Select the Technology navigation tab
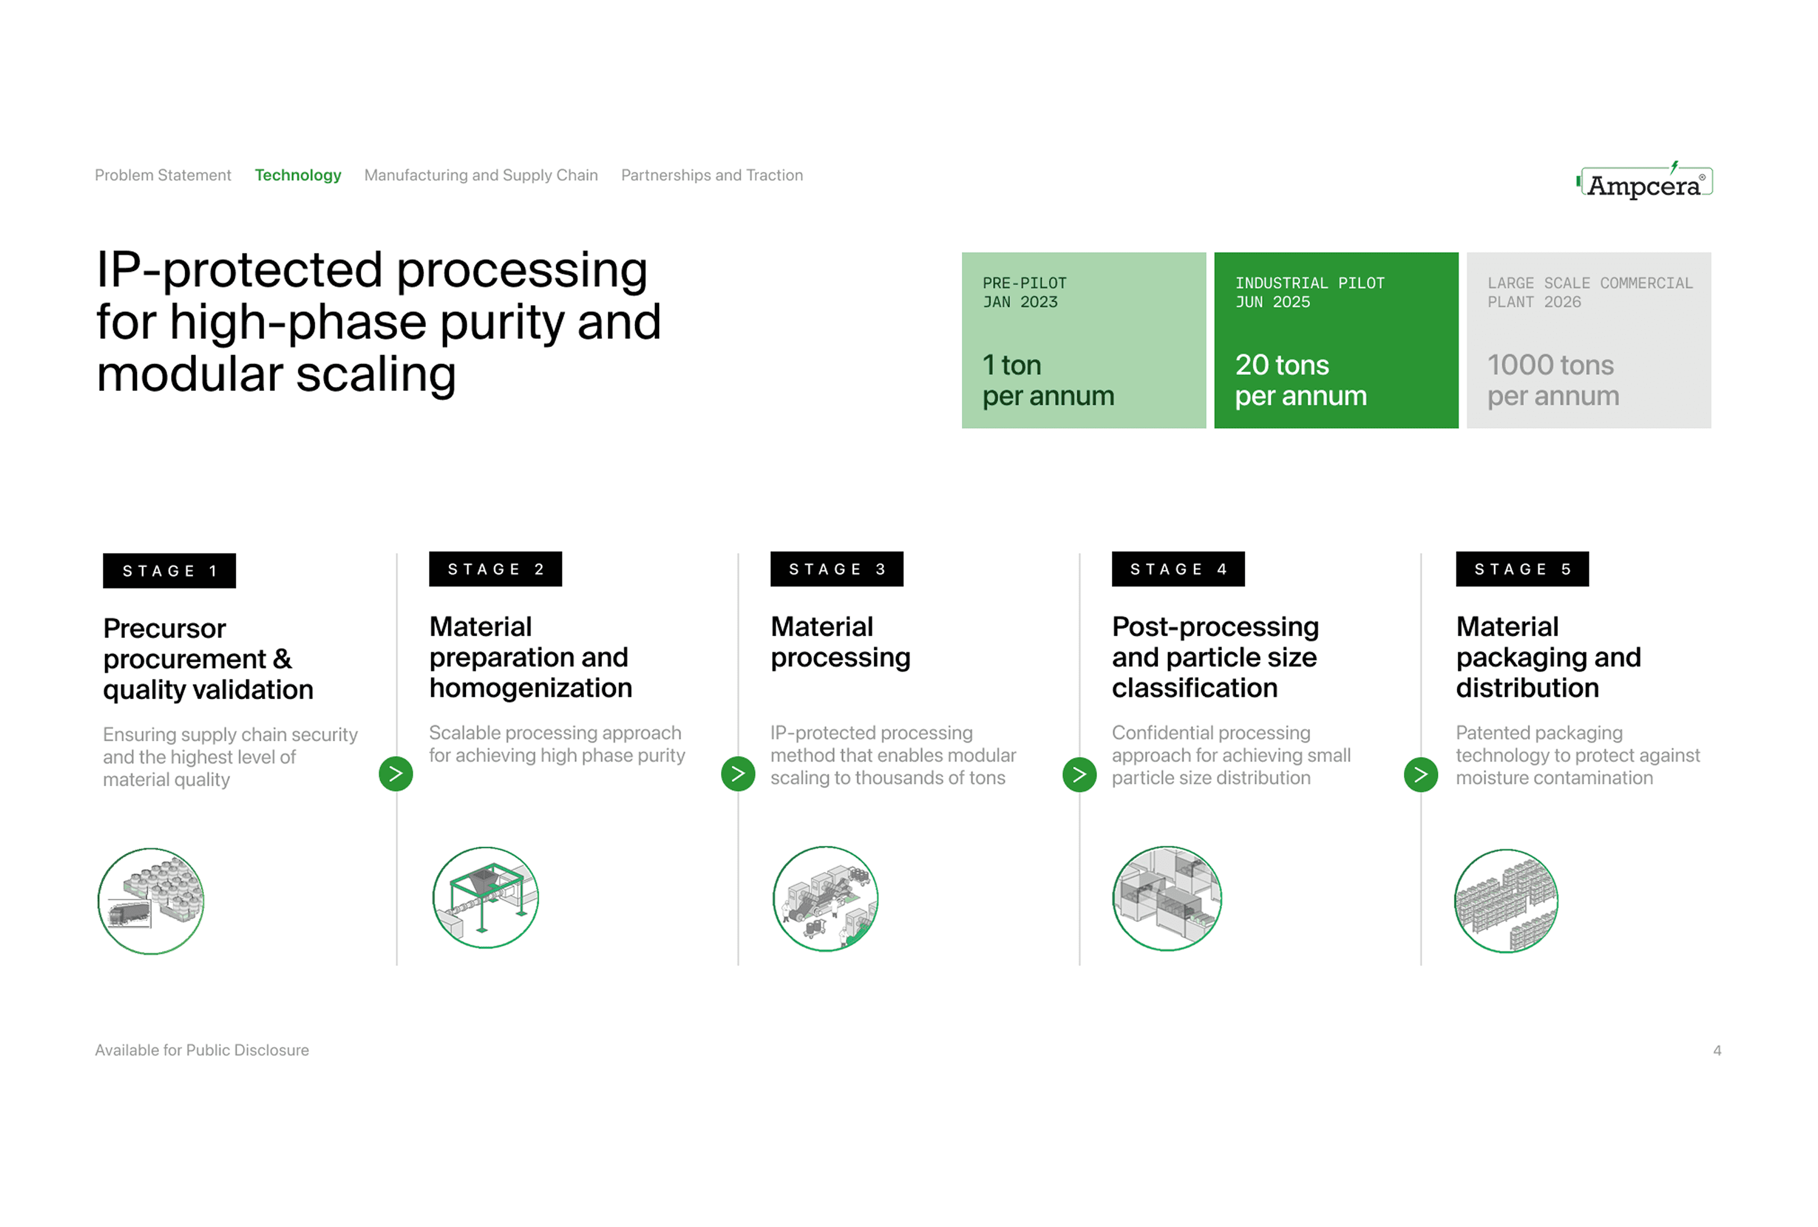pos(298,175)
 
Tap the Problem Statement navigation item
pos(162,175)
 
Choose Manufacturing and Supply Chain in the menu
pos(481,175)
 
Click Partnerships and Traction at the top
pos(712,175)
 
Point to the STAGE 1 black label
pos(169,571)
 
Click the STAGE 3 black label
pos(836,569)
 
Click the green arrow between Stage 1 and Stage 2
pos(396,774)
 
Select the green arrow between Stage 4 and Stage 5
pos(1421,775)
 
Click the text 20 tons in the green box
pos(1281,365)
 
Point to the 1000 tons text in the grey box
pos(1550,365)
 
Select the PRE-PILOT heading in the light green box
pos(1024,283)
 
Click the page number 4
pos(1717,1050)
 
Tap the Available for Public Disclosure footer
pos(202,1050)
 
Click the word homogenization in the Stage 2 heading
pos(531,688)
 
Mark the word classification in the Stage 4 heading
pos(1195,688)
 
